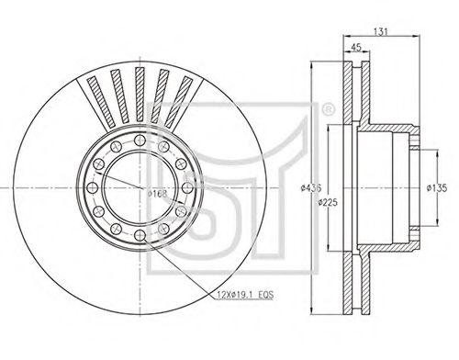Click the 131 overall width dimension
[x=381, y=31]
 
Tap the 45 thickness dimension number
[x=356, y=47]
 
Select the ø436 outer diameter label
[x=311, y=187]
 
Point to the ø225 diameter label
[x=328, y=202]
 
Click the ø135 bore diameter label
[x=437, y=187]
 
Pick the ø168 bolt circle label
[x=157, y=194]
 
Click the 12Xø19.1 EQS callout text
[x=245, y=295]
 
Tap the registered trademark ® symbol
[x=328, y=109]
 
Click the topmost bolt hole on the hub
[x=140, y=140]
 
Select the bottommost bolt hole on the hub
[x=140, y=235]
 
